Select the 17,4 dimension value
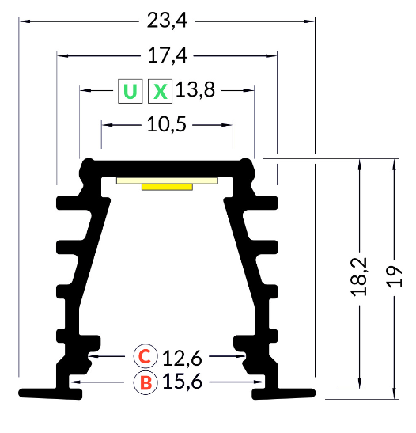point(167,56)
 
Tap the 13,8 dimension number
point(195,90)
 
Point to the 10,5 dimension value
point(167,124)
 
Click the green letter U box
point(130,91)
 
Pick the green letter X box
point(161,91)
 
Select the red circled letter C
point(146,356)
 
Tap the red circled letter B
point(146,383)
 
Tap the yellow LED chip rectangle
point(167,187)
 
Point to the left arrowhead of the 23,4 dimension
point(24,21)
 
